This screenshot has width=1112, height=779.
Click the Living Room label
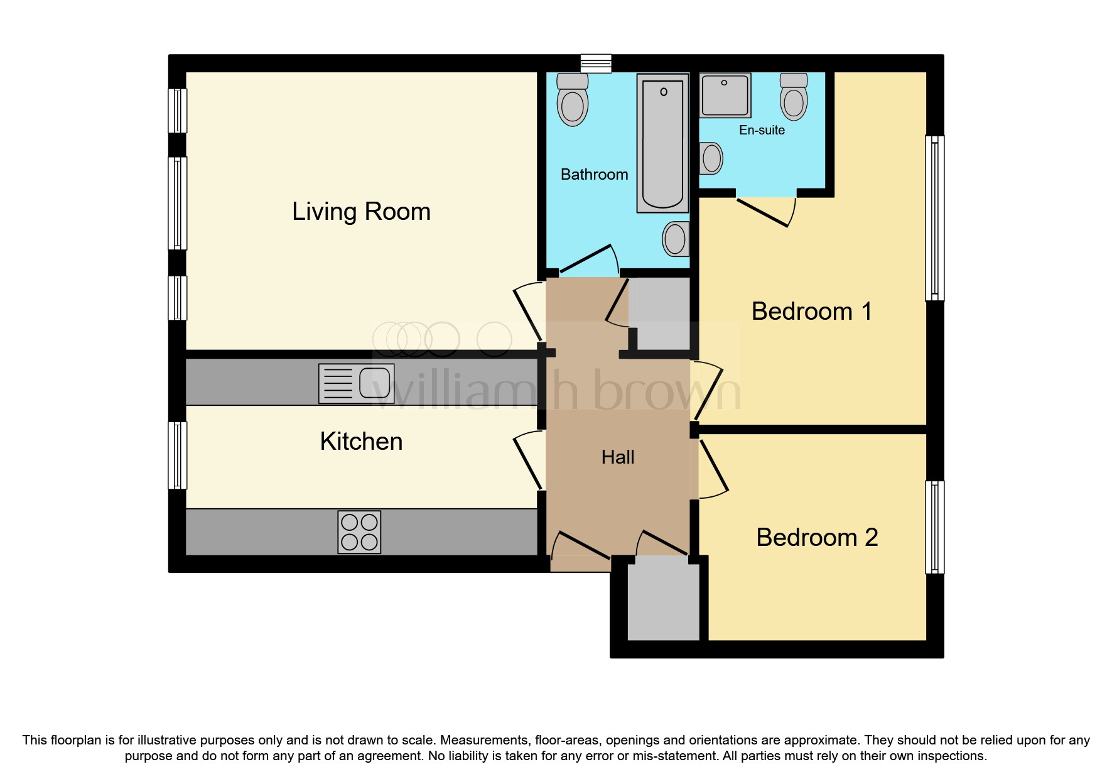(361, 212)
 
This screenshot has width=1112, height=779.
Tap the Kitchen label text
(361, 442)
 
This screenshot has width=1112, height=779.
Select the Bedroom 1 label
(811, 312)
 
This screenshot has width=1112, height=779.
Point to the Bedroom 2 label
(816, 538)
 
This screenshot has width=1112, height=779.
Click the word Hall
(618, 457)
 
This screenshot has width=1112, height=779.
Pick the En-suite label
(762, 130)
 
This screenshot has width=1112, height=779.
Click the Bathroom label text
(594, 175)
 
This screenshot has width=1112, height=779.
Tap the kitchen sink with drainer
(356, 383)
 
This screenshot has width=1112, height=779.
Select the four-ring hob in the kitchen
(359, 532)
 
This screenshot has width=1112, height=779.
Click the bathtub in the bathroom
(662, 143)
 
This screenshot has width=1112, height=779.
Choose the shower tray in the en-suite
(725, 95)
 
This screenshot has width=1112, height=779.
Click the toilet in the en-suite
(794, 97)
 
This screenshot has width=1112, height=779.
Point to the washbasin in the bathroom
(676, 239)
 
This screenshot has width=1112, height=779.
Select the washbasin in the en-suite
(711, 158)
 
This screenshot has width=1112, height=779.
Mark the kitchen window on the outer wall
(178, 455)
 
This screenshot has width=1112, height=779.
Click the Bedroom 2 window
(934, 527)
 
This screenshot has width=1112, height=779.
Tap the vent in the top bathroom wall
(595, 63)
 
